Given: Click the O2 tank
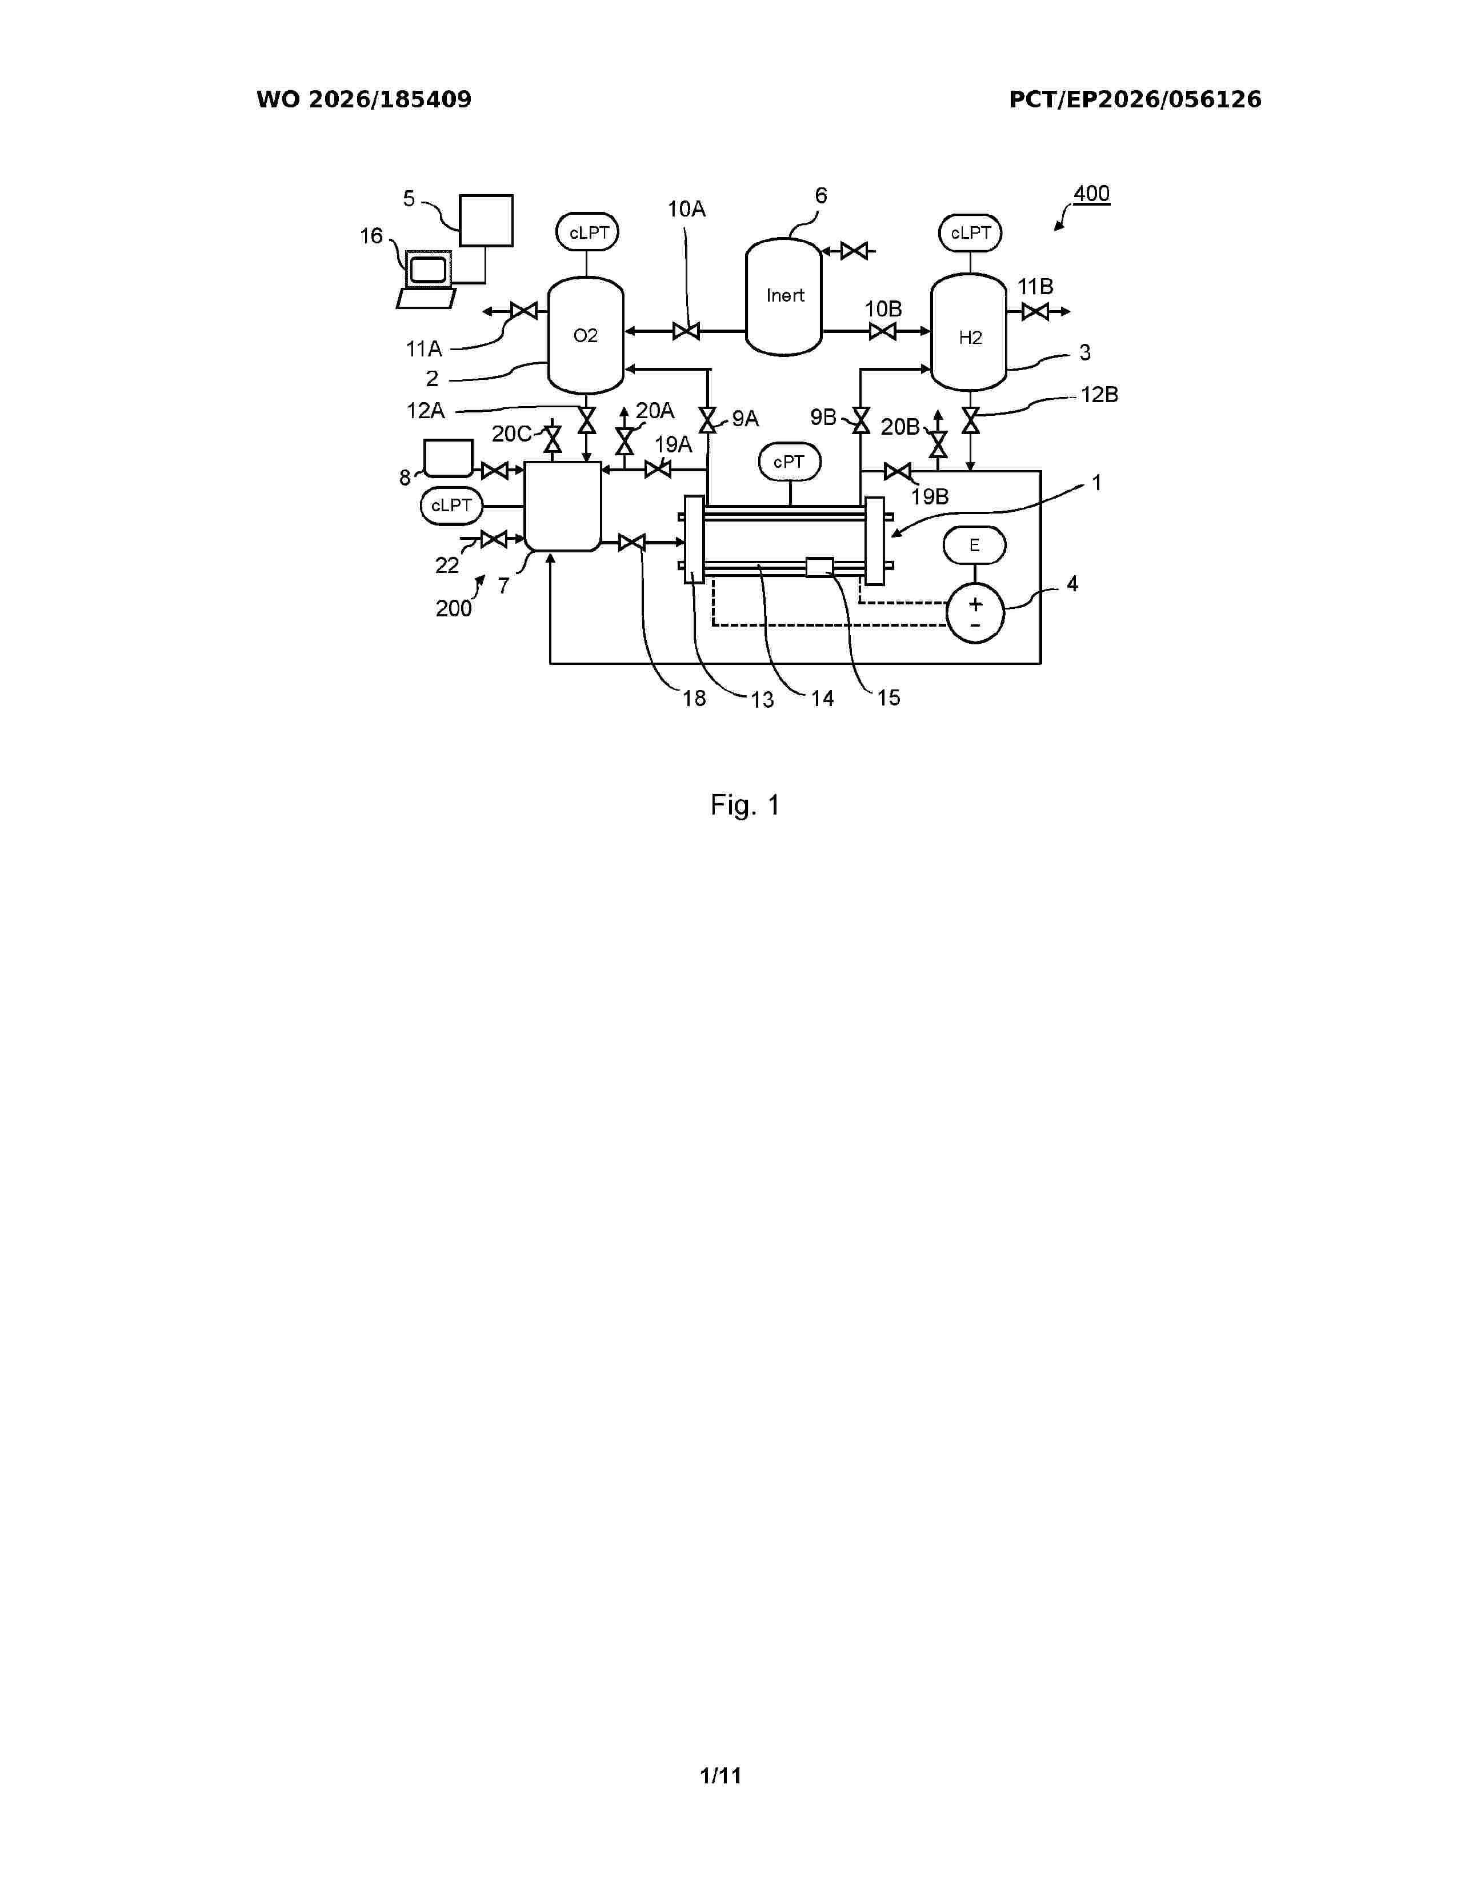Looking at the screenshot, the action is click(x=586, y=335).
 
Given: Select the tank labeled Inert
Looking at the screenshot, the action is click(x=784, y=296).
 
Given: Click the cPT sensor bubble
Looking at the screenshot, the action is click(x=790, y=463).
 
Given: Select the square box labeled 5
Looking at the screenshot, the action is click(x=486, y=221).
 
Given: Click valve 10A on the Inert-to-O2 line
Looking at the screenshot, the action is click(x=686, y=331).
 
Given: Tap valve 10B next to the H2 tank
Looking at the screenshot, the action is click(x=882, y=331).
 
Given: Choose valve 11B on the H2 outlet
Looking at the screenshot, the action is click(x=1035, y=311).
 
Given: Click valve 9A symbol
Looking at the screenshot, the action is click(x=708, y=421).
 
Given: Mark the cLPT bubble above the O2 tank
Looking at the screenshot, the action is click(x=589, y=233).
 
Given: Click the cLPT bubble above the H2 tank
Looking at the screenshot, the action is click(x=971, y=233).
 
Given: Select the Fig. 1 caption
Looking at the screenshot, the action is click(x=745, y=805).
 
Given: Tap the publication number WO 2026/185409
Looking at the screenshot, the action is click(x=365, y=100).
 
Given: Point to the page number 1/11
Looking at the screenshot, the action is click(x=721, y=1775).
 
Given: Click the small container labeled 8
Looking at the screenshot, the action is click(x=449, y=458).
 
